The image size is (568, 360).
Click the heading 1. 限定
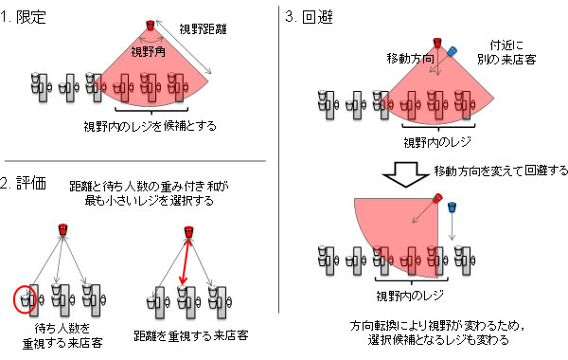coord(23,17)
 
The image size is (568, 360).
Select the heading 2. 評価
coord(23,184)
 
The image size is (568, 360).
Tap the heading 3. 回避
coord(309,16)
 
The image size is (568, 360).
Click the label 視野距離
coord(203,28)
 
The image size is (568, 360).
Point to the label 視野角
coord(149,52)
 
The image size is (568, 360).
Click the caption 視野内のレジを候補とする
coord(151,126)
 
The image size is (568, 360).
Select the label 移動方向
coord(411,59)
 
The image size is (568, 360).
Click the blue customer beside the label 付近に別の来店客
coord(452,51)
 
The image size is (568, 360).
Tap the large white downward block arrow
coord(406,174)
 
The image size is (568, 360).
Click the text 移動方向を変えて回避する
coord(501,171)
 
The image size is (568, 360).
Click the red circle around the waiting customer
coord(25,299)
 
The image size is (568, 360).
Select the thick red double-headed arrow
coord(186,261)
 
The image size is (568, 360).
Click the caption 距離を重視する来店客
coord(191,335)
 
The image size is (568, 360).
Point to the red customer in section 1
coord(151,26)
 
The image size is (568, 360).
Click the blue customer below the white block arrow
coord(452,207)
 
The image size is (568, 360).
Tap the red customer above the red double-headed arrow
coord(188,232)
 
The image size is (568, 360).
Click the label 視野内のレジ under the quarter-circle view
coord(410,296)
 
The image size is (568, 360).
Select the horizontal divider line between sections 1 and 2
coord(135,161)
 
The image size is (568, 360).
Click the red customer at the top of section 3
coord(437,43)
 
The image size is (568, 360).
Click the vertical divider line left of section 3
coord(279,159)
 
